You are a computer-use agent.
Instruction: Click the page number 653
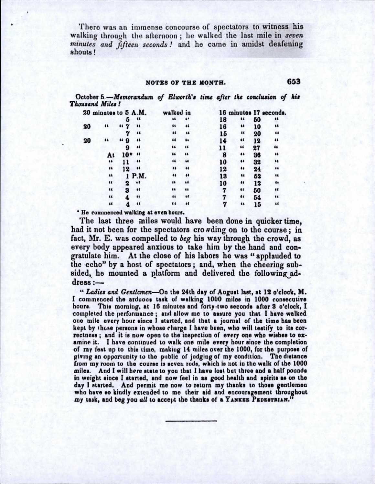click(294, 81)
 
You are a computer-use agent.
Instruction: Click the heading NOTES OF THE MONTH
click(185, 82)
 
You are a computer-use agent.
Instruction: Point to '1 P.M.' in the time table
click(136, 176)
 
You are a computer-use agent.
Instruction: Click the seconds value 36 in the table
click(257, 155)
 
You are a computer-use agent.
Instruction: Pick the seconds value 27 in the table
click(257, 148)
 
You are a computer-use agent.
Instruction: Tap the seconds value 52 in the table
click(257, 176)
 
